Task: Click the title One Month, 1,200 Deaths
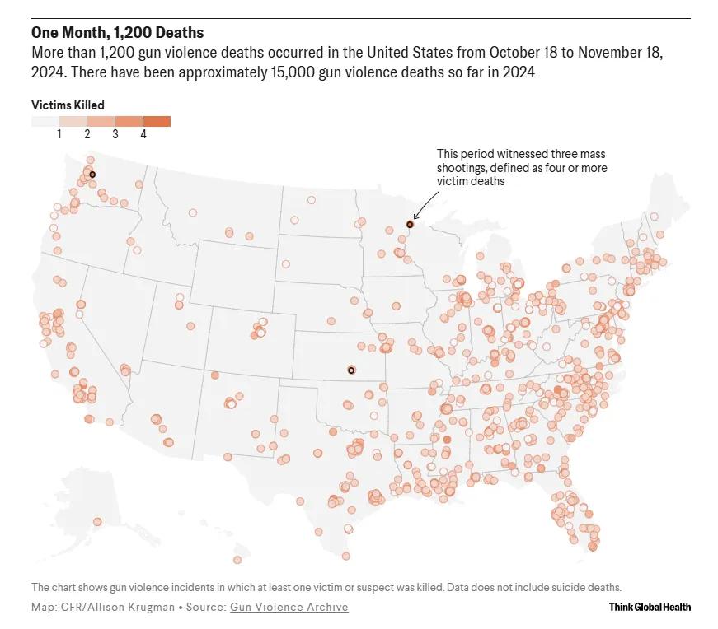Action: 118,33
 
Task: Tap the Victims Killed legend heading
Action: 68,105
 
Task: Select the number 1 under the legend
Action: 59,133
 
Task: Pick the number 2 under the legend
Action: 87,133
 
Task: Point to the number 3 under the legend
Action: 115,133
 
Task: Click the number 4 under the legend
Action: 143,133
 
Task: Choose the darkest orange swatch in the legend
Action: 157,121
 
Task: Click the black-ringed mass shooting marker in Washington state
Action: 92,175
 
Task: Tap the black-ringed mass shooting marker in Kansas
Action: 352,370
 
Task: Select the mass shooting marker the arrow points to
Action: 410,224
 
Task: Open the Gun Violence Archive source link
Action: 289,608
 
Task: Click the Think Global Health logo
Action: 650,608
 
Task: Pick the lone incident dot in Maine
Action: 654,217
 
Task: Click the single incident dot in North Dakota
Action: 311,199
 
